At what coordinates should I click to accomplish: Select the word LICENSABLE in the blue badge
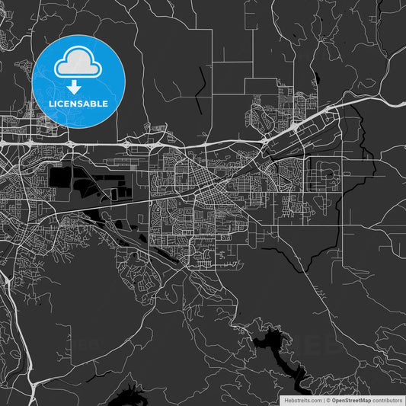(79, 103)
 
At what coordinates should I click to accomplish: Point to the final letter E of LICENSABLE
(105, 103)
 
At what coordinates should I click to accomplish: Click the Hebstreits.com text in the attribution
(302, 399)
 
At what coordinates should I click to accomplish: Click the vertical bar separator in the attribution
(324, 399)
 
